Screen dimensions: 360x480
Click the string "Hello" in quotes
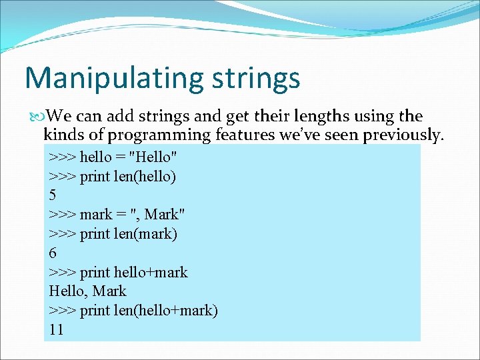click(153, 157)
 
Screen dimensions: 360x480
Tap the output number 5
click(53, 195)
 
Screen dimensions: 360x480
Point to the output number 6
click(53, 253)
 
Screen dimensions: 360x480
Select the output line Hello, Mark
click(87, 291)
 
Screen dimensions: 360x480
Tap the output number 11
click(57, 329)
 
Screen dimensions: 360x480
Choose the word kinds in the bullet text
click(62, 135)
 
